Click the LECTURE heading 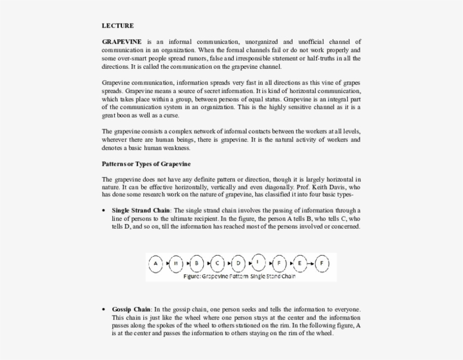click(x=117, y=25)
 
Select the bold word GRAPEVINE click(x=121, y=42)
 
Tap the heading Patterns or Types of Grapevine click(x=146, y=164)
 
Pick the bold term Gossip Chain click(x=131, y=309)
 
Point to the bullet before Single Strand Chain click(x=104, y=210)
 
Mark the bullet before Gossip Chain click(x=104, y=309)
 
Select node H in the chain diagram click(x=176, y=264)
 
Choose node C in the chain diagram click(x=217, y=264)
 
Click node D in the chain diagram click(x=238, y=264)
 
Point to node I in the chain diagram click(x=258, y=261)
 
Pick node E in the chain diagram click(x=299, y=264)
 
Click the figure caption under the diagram click(x=239, y=276)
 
